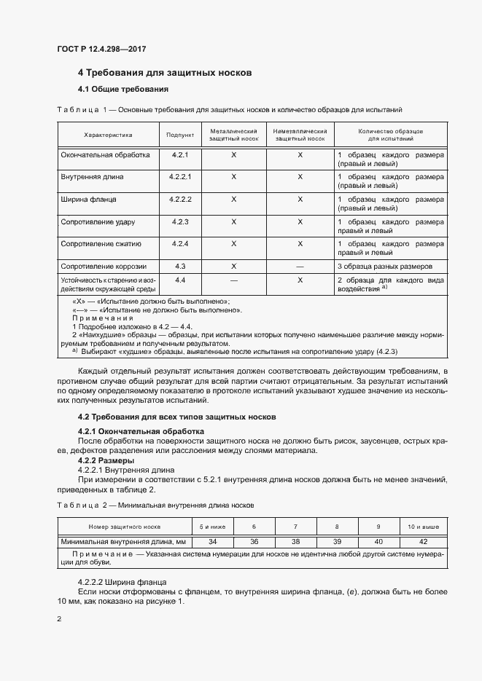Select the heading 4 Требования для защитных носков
click(x=165, y=74)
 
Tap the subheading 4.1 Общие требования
click(x=123, y=90)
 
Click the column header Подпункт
click(x=180, y=135)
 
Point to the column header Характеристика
click(x=108, y=135)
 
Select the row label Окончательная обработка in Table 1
click(x=106, y=155)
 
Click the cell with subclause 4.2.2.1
click(x=180, y=176)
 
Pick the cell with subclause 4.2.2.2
click(x=180, y=198)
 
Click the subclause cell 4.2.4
click(x=180, y=243)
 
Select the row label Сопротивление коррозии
click(x=104, y=266)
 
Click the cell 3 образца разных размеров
click(x=385, y=266)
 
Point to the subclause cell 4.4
click(x=180, y=280)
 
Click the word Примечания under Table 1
click(x=103, y=318)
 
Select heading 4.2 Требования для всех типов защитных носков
click(x=176, y=417)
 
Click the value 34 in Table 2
click(x=212, y=541)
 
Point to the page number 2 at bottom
click(x=59, y=618)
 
